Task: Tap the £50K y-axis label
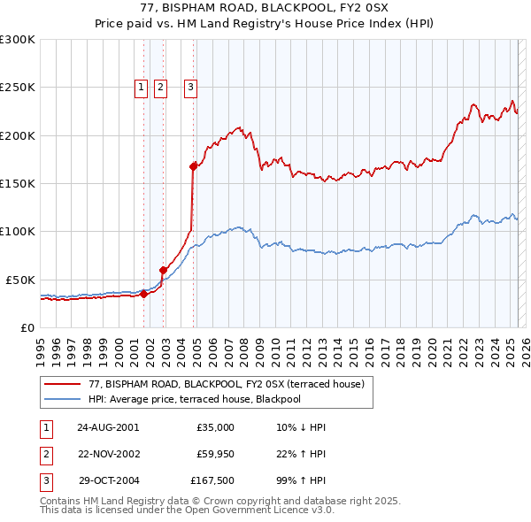click(x=19, y=280)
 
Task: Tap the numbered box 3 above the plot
click(x=190, y=87)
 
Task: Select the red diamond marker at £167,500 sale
click(x=193, y=165)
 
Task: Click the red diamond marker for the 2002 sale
click(x=163, y=270)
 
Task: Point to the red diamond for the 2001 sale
click(x=143, y=295)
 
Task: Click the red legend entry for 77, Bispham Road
click(x=210, y=384)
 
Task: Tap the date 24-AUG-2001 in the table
click(x=108, y=427)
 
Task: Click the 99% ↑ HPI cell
click(x=301, y=482)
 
